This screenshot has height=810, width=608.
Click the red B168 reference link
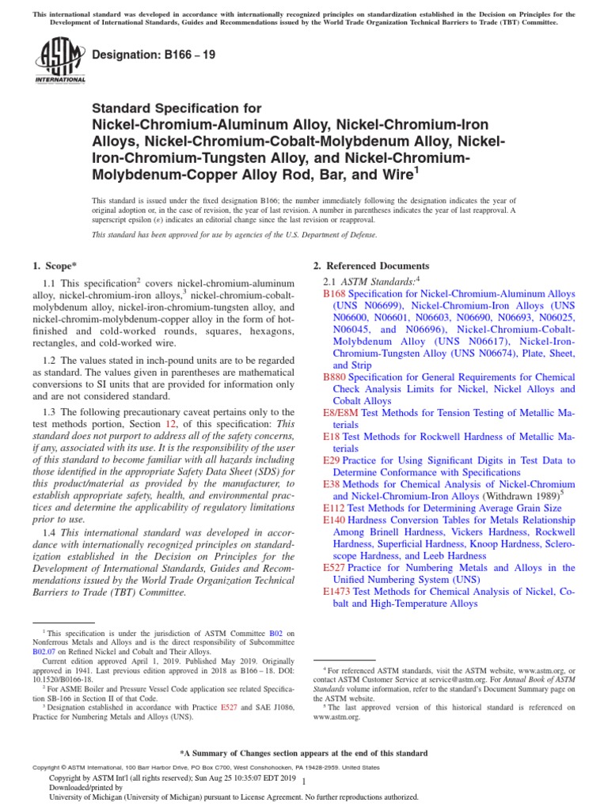point(335,293)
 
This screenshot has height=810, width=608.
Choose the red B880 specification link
point(335,378)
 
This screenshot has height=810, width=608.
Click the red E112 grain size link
point(335,509)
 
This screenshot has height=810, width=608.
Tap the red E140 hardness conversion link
point(335,520)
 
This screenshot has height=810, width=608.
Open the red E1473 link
point(337,592)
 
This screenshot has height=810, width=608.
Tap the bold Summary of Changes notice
point(304,753)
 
